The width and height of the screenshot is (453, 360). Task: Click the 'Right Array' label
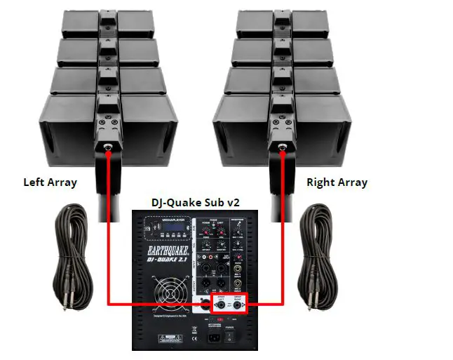click(337, 183)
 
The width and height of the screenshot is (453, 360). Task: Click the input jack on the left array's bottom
click(109, 147)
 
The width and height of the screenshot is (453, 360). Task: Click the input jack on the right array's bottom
click(280, 147)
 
